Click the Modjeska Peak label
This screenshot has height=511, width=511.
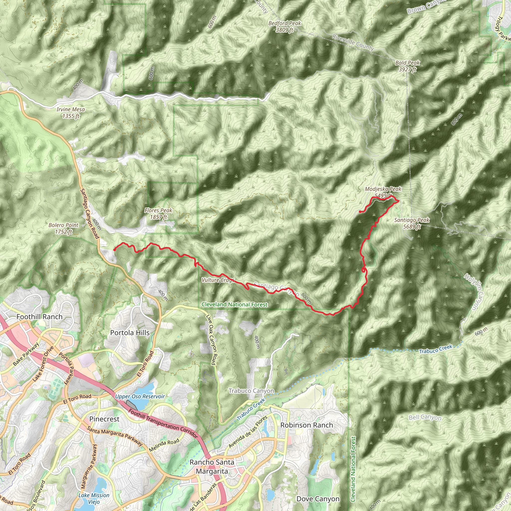pos(383,192)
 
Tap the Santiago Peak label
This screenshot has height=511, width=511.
pos(412,223)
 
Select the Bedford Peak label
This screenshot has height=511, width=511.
pos(285,26)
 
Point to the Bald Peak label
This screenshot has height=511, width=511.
pos(407,66)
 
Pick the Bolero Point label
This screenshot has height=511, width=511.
pos(63,228)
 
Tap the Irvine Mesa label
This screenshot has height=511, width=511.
pos(71,113)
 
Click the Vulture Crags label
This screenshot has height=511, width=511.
pos(218,280)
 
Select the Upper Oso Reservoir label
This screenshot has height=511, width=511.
pos(140,396)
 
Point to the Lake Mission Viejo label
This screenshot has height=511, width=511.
pos(94,498)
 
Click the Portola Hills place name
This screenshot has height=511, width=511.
pos(130,333)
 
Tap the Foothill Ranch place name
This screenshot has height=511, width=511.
pos(39,317)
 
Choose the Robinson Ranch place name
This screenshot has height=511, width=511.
pos(307,425)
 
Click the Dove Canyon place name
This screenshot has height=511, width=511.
pos(318,499)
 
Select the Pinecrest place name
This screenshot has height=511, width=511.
pos(104,419)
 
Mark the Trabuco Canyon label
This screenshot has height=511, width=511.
pos(251,391)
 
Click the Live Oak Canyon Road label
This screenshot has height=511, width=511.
pos(211,340)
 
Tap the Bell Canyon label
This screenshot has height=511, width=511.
pos(425,417)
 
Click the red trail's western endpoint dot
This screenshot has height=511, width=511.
pos(115,250)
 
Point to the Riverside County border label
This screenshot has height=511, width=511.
pos(353,42)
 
